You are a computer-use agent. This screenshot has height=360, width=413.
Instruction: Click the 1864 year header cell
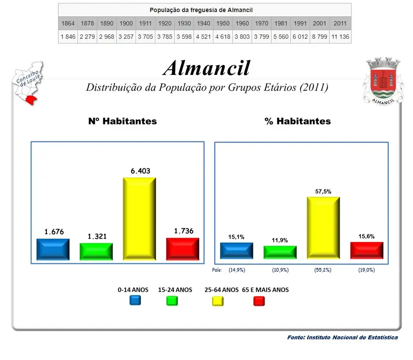68,23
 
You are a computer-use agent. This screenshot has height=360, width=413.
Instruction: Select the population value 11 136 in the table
340,37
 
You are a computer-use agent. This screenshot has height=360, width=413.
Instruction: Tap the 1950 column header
223,23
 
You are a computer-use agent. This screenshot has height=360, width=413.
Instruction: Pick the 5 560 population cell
281,37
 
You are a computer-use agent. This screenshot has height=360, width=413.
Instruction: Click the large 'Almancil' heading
206,68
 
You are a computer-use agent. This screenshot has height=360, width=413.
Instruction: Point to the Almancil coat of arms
383,81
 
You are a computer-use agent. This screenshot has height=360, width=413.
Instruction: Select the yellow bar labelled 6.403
139,219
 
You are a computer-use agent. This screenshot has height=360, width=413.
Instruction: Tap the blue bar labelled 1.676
53,249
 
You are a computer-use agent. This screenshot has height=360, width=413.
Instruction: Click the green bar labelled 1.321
96,251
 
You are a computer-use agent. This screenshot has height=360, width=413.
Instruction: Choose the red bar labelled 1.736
182,249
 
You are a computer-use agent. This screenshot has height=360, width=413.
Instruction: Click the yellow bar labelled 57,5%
323,228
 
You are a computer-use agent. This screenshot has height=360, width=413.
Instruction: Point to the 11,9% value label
280,240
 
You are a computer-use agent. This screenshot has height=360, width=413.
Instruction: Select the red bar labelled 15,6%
367,250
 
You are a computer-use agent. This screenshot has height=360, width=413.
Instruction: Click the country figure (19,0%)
367,270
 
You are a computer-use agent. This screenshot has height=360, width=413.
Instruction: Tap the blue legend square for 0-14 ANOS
135,301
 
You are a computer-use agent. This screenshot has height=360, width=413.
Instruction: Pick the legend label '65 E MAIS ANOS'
265,290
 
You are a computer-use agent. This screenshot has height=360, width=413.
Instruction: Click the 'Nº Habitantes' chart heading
123,121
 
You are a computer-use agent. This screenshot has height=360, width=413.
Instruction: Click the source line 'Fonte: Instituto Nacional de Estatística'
342,338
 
